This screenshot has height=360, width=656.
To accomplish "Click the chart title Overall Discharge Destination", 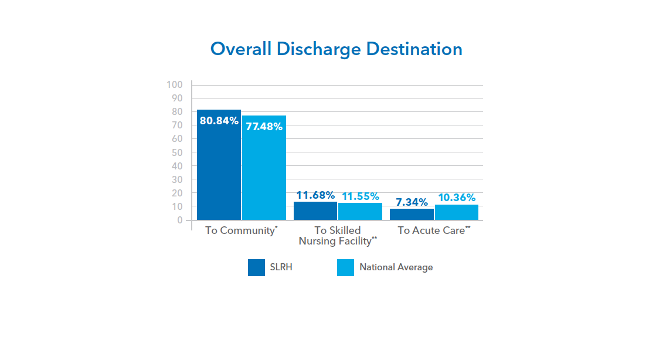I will coord(337,49).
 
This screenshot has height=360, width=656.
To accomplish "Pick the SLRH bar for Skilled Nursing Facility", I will coord(315,211).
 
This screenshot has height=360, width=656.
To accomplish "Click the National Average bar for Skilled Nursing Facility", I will coord(360,212).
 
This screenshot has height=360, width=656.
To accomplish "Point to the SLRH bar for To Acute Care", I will coord(412,215).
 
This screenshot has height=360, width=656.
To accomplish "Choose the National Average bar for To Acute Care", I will coord(457,212).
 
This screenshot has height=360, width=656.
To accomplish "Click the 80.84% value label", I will coord(219,121).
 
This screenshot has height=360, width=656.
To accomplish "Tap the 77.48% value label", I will coord(264,126).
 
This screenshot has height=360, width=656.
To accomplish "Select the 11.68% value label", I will coord(315,195).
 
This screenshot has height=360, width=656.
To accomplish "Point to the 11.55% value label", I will coord(360,196).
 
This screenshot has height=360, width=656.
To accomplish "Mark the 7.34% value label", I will coord(412,202).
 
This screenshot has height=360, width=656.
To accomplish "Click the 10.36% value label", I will coord(457,198).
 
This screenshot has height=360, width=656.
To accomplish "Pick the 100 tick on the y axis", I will coord(175,84).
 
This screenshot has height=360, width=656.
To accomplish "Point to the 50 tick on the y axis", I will coord(177,152).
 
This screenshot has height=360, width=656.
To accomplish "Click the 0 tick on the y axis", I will coord(180,220).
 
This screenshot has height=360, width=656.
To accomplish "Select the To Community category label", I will coord(241,230).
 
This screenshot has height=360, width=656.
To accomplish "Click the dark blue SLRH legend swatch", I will coord(256,267).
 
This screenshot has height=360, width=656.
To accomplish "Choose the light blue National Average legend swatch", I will coord(345,267).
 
